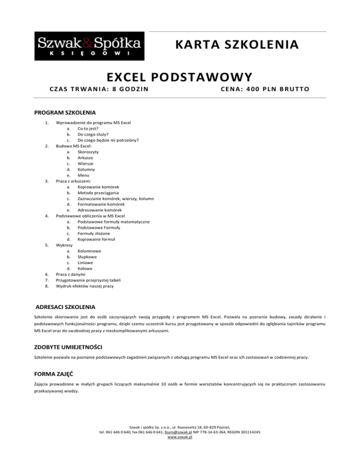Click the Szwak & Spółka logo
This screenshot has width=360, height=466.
click(89, 46)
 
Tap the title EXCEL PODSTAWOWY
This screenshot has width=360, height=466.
click(180, 76)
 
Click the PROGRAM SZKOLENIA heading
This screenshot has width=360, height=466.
click(66, 113)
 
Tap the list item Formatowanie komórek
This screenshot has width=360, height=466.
click(101, 204)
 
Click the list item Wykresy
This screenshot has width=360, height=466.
click(65, 245)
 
